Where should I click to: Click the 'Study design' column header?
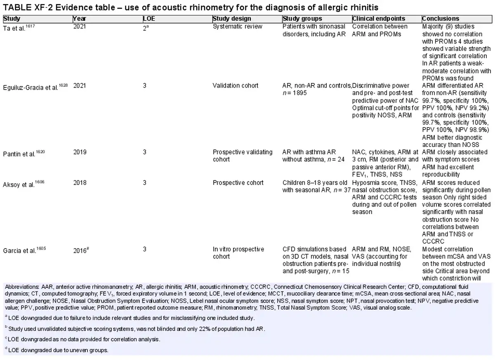(x=232, y=19)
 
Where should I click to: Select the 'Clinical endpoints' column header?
(x=379, y=19)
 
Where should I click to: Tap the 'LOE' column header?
(x=149, y=19)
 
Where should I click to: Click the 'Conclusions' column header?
(x=441, y=19)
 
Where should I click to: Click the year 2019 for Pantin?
(x=80, y=152)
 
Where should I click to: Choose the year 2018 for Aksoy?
(x=80, y=182)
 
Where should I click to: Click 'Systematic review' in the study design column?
(x=238, y=26)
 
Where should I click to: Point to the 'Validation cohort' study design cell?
(x=236, y=85)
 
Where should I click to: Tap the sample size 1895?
(x=300, y=93)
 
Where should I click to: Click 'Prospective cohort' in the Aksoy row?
(x=238, y=182)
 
